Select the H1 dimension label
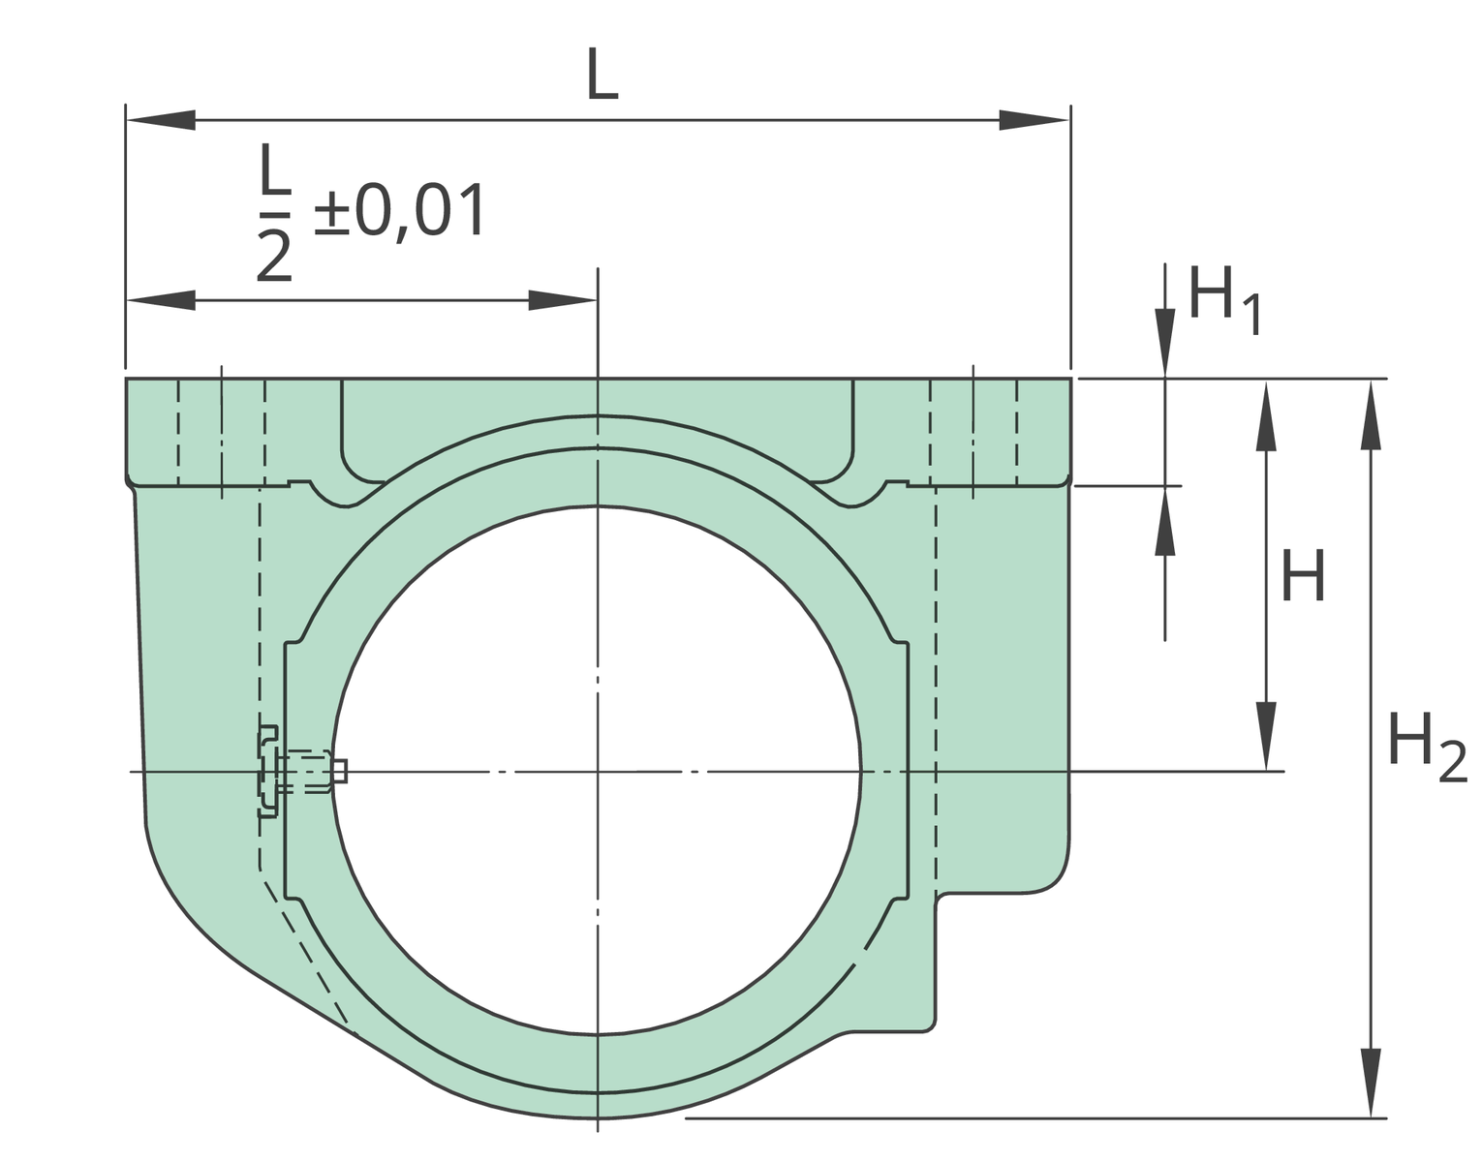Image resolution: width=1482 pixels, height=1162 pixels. tap(1224, 300)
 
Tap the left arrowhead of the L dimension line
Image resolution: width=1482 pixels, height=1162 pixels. tap(161, 120)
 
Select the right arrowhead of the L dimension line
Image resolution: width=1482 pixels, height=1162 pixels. tap(1034, 120)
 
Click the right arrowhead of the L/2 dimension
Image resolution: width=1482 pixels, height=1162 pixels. tap(562, 300)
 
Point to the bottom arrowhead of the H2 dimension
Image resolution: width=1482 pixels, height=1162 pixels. tap(1370, 1082)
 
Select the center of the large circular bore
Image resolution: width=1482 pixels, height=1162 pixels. tap(598, 771)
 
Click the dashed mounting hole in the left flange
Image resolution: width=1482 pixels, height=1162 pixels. tap(222, 431)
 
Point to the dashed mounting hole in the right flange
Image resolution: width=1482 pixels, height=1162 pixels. tap(973, 431)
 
